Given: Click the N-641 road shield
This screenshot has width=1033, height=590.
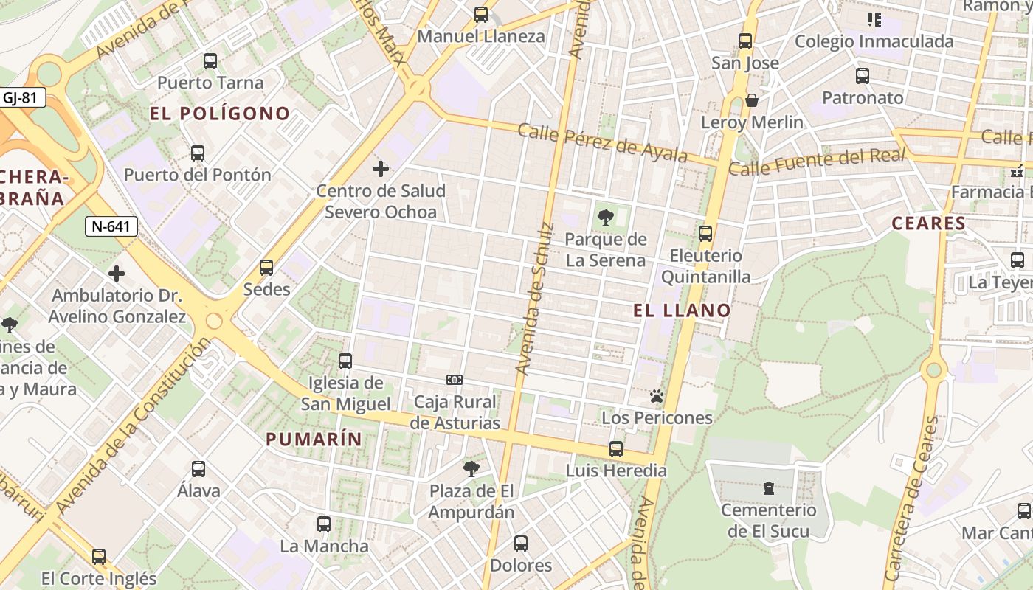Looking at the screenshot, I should [x=112, y=226].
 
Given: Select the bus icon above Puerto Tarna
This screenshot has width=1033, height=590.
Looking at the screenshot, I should [x=210, y=61].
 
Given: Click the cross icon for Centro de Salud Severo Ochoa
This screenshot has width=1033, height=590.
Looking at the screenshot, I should [x=381, y=170].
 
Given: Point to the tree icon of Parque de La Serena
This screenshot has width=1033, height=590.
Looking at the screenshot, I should [x=606, y=218].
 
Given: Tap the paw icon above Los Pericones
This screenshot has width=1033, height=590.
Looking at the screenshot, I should [x=657, y=397].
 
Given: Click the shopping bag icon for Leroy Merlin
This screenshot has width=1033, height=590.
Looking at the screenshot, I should [x=752, y=100].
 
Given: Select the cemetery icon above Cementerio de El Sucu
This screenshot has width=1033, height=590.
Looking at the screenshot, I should [x=769, y=488].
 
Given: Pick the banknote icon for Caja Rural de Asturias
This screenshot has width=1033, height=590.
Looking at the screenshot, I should [x=455, y=380].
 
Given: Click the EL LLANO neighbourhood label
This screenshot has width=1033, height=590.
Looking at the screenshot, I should [x=682, y=310].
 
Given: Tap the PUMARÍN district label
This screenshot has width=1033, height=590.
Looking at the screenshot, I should [x=314, y=440].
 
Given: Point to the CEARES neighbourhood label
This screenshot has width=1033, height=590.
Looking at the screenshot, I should [x=928, y=223].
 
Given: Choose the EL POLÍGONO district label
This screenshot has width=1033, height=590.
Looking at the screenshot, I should [x=220, y=114].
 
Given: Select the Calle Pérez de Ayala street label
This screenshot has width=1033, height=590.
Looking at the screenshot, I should [x=603, y=143].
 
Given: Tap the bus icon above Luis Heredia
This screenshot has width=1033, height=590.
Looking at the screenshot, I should [x=616, y=449].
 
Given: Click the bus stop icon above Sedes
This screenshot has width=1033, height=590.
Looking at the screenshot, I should [x=266, y=268].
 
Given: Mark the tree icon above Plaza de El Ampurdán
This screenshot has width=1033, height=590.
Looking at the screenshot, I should [x=471, y=468].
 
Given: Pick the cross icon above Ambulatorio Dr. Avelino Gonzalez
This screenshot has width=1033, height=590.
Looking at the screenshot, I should [x=117, y=274].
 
